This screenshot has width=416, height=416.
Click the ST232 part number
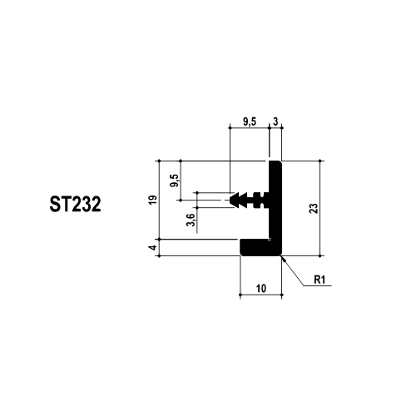tap(75, 204)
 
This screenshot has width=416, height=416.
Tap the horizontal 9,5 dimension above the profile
tap(250, 121)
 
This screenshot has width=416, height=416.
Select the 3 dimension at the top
tap(275, 121)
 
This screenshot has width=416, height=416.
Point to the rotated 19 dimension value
tap(153, 200)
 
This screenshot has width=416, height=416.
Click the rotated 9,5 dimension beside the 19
tap(176, 181)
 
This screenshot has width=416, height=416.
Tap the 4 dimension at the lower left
tap(153, 247)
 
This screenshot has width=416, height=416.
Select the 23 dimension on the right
tap(314, 208)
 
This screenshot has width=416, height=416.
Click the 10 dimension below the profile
tap(261, 289)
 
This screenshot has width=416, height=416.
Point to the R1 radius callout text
tap(319, 280)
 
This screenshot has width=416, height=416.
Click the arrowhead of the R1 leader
tap(282, 258)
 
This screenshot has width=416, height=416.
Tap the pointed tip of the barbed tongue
tap(230, 200)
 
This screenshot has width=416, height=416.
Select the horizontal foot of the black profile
tap(260, 247)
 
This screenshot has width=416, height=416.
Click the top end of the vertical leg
tap(275, 161)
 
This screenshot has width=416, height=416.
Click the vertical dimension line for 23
tap(320, 208)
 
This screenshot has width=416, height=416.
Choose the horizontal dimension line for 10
tap(261, 295)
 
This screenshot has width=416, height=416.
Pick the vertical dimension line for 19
tap(159, 200)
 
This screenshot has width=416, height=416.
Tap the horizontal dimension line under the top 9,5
tap(250, 128)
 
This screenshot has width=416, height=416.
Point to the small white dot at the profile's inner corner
tap(270, 239)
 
